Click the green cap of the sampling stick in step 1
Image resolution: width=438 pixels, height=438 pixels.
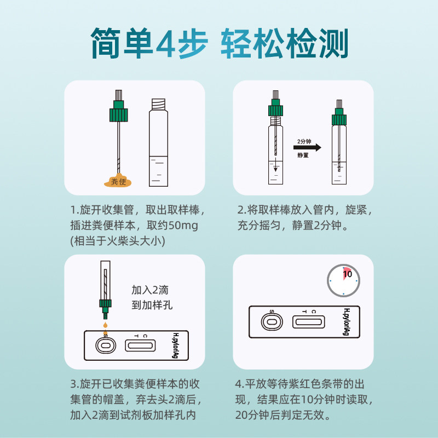coord(118,113)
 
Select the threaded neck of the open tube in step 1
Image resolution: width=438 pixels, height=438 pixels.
coord(159,103)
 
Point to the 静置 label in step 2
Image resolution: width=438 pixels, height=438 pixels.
coord(303,156)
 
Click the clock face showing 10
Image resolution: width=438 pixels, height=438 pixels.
coord(343,280)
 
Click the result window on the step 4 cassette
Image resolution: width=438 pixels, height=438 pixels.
coord(310,322)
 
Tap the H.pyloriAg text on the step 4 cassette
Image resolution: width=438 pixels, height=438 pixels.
coord(346,322)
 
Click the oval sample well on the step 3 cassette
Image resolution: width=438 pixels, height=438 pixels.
coord(105,345)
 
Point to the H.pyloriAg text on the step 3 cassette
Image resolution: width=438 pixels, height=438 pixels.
coord(176,345)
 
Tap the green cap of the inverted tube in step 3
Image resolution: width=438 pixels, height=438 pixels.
coord(105,304)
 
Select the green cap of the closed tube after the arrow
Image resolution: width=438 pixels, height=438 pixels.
coord(339,117)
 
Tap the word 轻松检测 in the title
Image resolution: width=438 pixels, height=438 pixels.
coord(285,42)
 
